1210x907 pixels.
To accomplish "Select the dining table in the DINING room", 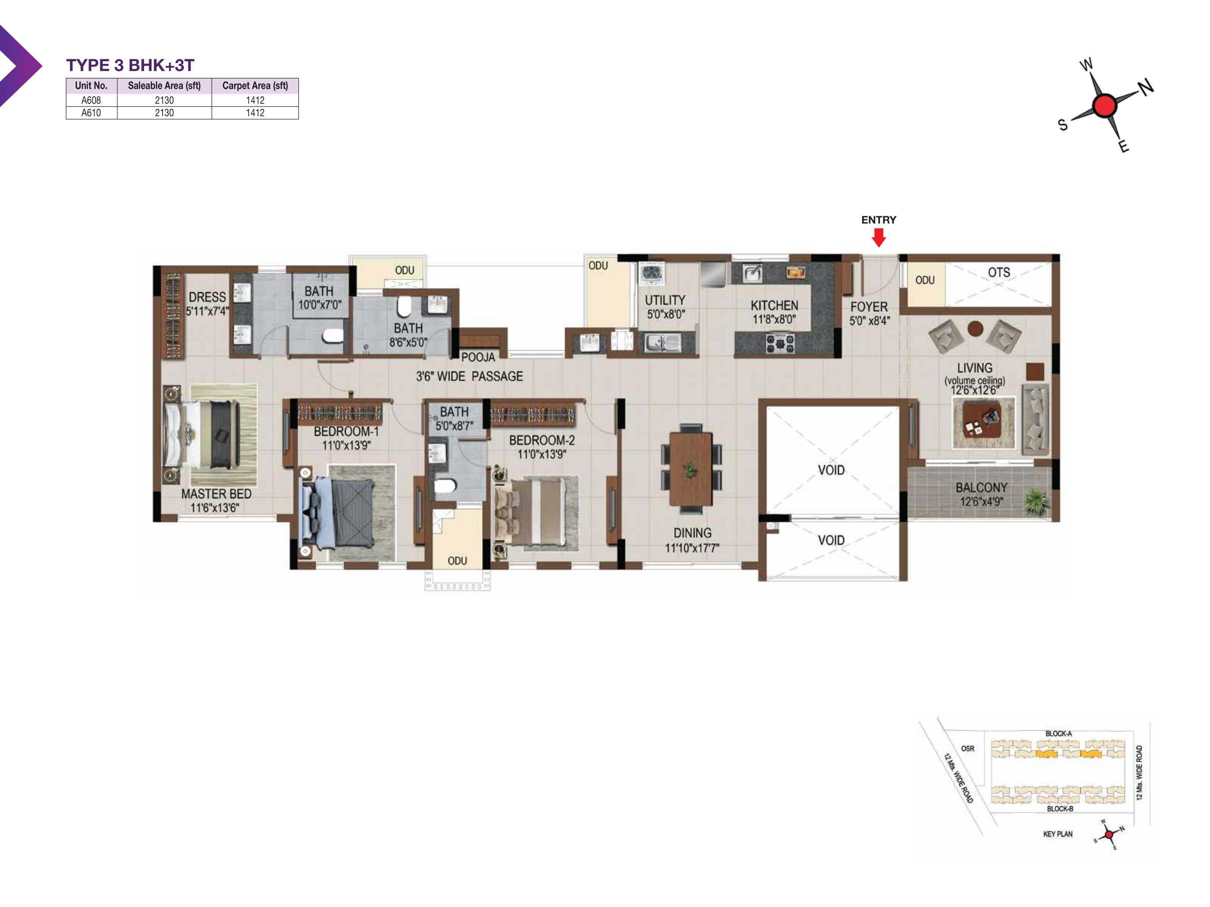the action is pos(691,469).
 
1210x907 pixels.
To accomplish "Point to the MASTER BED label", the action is pos(216,494).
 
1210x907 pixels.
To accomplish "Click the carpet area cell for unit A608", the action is pos(255,100).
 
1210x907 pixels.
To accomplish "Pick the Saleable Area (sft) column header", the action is pos(164,85).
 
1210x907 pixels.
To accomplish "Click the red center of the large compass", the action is pos(1104,105).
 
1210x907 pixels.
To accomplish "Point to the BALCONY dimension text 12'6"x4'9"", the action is pos(981,501).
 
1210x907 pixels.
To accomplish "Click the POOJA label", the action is pos(478,357).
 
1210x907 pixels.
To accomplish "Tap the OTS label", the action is pos(999,272).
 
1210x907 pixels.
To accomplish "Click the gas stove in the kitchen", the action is pos(779,343).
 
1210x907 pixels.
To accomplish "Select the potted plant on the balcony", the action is pos(1035,501).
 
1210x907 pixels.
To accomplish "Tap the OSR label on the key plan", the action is pos(967,748).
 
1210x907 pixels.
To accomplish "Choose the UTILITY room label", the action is pos(665,300).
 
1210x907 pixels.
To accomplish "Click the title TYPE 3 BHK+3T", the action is pos(130,65).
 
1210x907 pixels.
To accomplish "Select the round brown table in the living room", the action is pos(975,328).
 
